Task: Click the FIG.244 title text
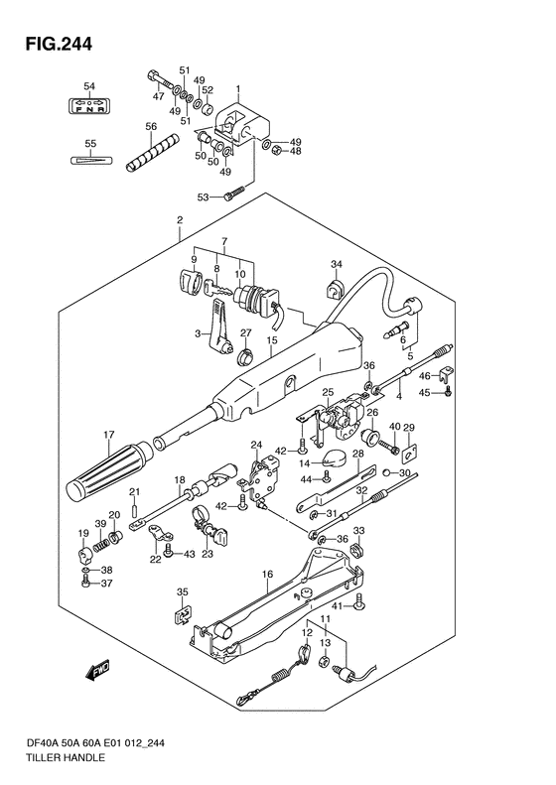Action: (x=59, y=44)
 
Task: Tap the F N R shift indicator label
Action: (x=89, y=105)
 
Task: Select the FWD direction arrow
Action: (x=98, y=670)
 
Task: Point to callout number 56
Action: (x=151, y=127)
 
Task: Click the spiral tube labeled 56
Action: (x=151, y=153)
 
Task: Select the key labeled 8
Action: (x=218, y=288)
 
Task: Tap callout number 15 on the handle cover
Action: (x=271, y=340)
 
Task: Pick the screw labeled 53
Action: (x=234, y=194)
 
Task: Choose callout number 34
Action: (x=337, y=264)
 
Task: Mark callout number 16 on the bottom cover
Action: (x=267, y=574)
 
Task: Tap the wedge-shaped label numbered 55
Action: (x=89, y=160)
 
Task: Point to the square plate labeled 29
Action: (x=410, y=452)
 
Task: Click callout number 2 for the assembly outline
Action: (x=180, y=219)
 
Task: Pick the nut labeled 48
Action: (x=275, y=151)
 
